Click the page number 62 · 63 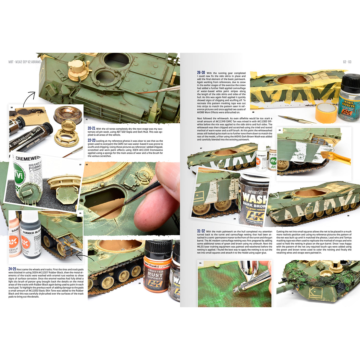click(347, 62)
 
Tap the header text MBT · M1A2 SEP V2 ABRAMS click(25, 62)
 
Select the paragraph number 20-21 click(91, 128)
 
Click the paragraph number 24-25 click(12, 269)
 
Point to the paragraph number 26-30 click(201, 73)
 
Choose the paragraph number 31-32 click(201, 231)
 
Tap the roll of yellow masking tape click(326, 112)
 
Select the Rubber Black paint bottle click(30, 237)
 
